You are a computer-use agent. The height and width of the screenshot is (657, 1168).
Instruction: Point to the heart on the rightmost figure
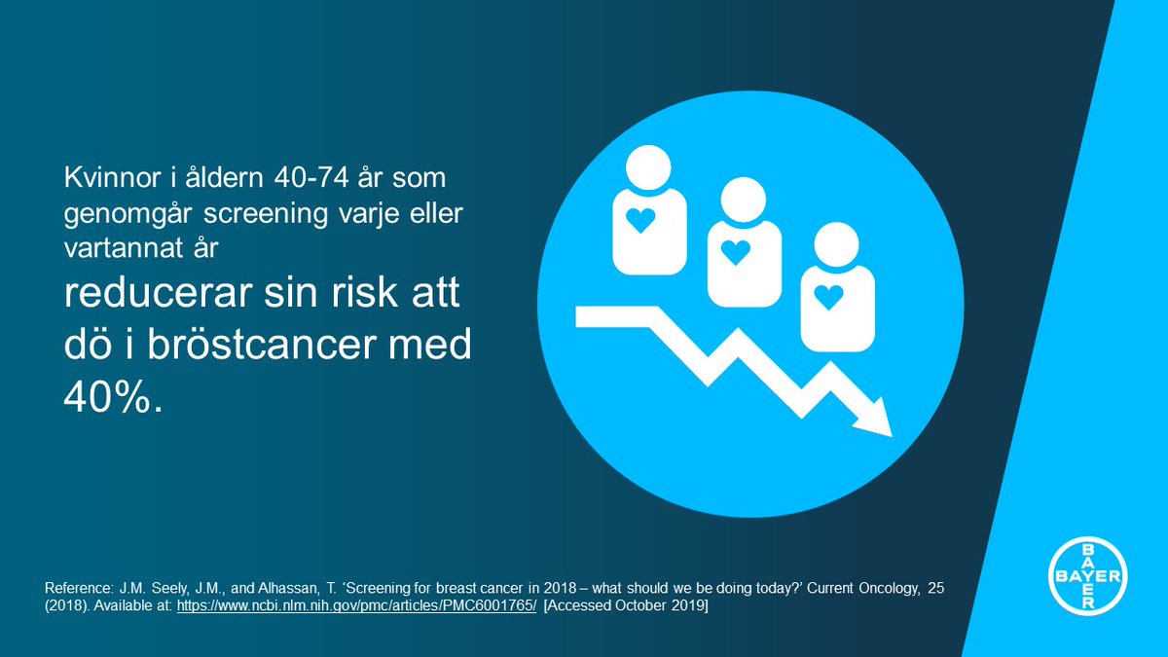pos(828,296)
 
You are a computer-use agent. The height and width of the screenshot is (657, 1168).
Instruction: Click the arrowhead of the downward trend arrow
pos(874,418)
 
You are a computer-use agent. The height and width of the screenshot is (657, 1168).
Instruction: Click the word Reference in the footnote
pos(79,589)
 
